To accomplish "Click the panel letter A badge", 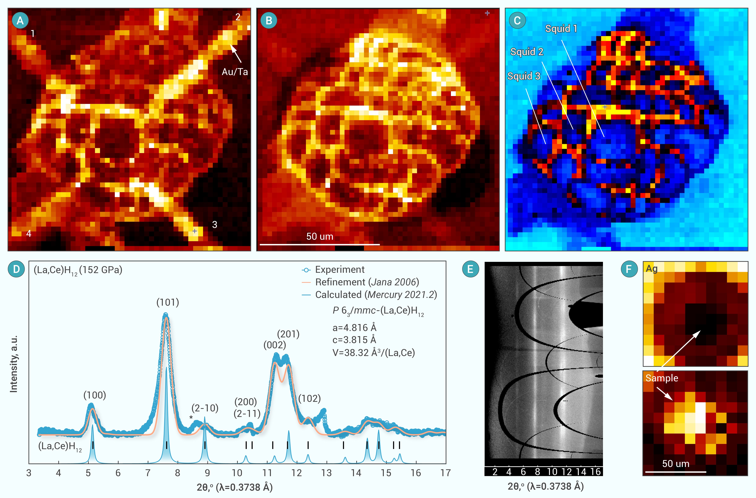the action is [20, 21].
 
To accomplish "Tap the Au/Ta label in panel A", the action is [235, 72].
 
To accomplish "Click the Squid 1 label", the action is [561, 29].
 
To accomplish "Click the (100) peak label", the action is [95, 395].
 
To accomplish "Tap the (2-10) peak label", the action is [205, 408].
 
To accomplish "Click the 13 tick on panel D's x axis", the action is [326, 473].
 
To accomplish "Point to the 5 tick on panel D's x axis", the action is [88, 473].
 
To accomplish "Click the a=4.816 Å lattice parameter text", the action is [354, 328].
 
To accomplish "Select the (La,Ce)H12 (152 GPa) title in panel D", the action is [78, 270].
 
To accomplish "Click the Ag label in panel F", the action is [652, 269].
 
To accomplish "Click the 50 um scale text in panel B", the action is [320, 236].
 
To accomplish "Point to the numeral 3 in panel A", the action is [215, 225].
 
